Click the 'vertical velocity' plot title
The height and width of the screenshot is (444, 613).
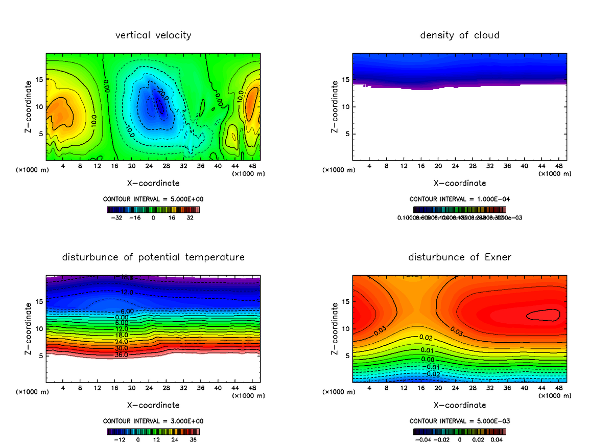(153, 35)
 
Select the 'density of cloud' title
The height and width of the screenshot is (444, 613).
(459, 35)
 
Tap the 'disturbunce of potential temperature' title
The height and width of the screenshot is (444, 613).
(153, 257)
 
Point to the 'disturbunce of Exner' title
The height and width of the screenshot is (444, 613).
(459, 257)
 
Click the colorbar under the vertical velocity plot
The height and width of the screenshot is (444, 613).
(153, 210)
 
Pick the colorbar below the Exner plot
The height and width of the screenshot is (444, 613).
(459, 431)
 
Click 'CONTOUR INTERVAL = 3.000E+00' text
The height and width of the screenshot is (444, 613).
(153, 421)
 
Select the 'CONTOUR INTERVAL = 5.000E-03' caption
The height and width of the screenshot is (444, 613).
(459, 421)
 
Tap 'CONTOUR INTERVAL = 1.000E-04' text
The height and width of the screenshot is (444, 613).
(459, 199)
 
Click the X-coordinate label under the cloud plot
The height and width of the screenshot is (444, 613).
(459, 183)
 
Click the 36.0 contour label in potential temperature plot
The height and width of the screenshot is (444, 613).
(121, 354)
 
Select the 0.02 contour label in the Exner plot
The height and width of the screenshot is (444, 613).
(426, 338)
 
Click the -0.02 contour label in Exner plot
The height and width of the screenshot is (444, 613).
(433, 374)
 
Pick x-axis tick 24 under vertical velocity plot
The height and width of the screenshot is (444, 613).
(149, 166)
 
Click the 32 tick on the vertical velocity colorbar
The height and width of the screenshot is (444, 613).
(190, 217)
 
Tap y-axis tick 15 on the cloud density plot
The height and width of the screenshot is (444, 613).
(345, 80)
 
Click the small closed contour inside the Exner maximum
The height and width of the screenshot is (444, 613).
(543, 315)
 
